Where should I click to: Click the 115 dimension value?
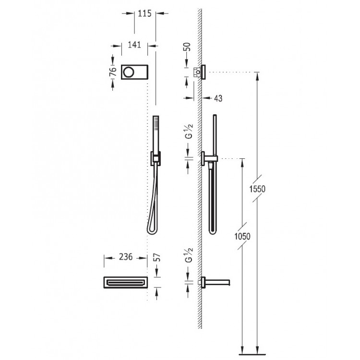tap(144, 13)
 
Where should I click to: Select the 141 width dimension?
tap(134, 45)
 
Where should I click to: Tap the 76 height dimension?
tap(113, 72)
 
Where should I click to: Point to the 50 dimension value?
tap(187, 47)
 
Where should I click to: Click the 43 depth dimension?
tap(218, 98)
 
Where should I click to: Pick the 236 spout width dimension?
tap(126, 257)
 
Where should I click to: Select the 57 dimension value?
tap(156, 258)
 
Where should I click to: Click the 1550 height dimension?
tap(257, 189)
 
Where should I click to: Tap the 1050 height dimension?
tap(242, 236)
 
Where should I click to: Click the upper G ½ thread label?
tap(189, 131)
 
